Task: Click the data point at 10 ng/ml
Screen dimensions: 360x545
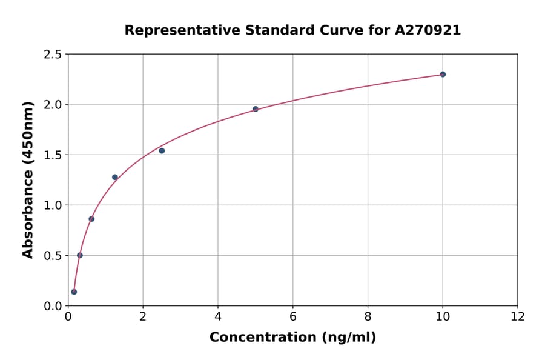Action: [x=443, y=75]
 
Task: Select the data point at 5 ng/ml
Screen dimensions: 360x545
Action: [x=256, y=109]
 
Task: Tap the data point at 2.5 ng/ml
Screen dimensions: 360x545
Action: [x=162, y=151]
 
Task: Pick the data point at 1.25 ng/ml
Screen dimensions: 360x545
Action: [x=115, y=177]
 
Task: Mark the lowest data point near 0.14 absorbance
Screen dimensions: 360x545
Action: [x=74, y=292]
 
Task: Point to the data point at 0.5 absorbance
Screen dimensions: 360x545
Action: [x=80, y=255]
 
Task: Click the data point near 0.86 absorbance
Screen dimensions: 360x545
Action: [x=91, y=219]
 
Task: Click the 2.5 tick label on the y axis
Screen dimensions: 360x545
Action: [x=53, y=55]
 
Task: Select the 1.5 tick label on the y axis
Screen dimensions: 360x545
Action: [x=53, y=155]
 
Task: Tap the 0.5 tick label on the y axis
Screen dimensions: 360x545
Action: [x=53, y=256]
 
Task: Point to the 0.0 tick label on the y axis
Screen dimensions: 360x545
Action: [x=53, y=306]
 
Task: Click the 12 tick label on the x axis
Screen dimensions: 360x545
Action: [x=518, y=316]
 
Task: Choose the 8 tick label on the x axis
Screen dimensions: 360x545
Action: [x=368, y=316]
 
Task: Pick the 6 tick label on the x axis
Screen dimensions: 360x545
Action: [x=293, y=316]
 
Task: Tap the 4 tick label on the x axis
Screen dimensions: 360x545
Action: [x=218, y=316]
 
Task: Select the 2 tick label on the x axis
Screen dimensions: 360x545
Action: [x=143, y=316]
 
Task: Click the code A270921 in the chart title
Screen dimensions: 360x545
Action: [x=428, y=30]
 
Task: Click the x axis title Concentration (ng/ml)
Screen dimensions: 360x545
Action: [x=292, y=338]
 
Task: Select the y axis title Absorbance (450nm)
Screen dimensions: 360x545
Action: [x=28, y=180]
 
